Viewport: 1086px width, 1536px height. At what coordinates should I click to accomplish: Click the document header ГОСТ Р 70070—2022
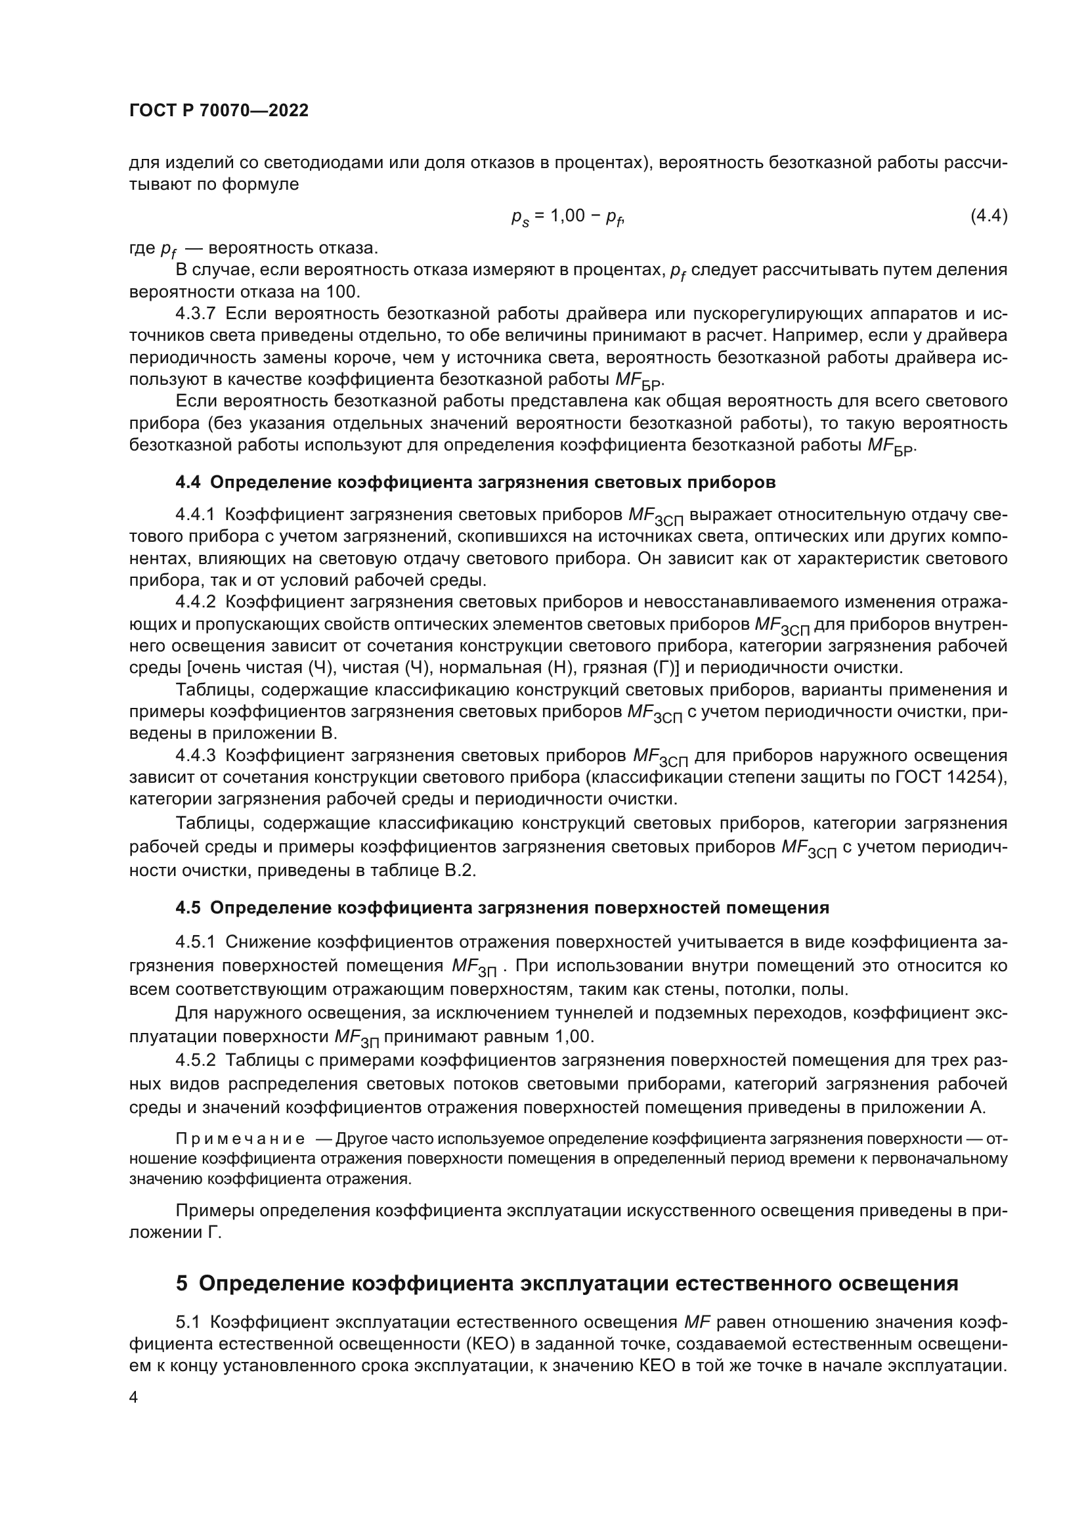(x=219, y=110)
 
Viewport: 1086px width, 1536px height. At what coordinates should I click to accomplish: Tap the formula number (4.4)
(x=988, y=215)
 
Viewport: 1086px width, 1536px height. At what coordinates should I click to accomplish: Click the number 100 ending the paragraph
(x=343, y=292)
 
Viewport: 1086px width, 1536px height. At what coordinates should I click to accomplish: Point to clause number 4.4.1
(x=195, y=514)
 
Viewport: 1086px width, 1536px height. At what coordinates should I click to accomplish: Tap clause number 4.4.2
(x=195, y=602)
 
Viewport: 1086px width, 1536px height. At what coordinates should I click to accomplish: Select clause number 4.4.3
(x=195, y=755)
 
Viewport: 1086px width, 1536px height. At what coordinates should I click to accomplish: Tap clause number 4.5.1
(x=195, y=942)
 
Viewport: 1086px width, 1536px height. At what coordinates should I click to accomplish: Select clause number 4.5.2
(x=195, y=1061)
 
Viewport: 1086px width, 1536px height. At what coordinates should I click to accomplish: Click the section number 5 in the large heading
(x=182, y=1283)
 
